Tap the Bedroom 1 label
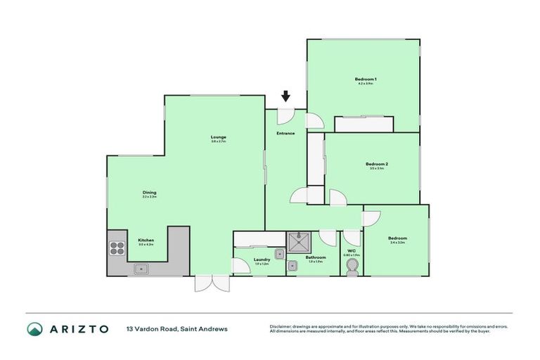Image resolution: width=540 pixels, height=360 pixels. click(x=365, y=79)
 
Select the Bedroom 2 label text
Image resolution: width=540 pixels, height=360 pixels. click(x=377, y=165)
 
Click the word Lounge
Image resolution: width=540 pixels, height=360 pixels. click(x=218, y=137)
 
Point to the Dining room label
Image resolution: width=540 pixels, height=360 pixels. click(x=149, y=193)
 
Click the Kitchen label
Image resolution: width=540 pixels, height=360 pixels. click(x=146, y=240)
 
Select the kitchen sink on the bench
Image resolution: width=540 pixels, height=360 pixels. click(x=141, y=268)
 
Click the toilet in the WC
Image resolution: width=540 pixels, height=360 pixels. click(x=352, y=266)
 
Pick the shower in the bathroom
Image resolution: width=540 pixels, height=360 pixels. click(x=299, y=240)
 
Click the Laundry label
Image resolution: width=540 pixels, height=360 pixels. click(x=262, y=259)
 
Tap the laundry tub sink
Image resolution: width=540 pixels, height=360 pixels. click(x=279, y=254)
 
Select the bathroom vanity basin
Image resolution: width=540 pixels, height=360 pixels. click(x=292, y=265)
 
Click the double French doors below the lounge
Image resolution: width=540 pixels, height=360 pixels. click(x=212, y=283)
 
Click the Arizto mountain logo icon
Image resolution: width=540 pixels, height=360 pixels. click(x=34, y=329)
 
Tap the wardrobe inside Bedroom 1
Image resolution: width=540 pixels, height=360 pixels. click(x=364, y=124)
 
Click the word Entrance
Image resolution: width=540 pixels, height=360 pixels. click(x=285, y=134)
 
